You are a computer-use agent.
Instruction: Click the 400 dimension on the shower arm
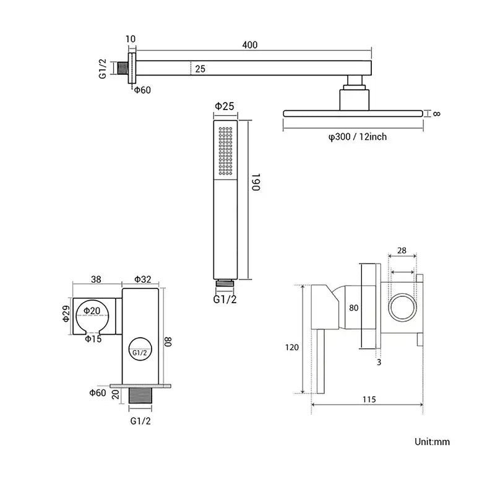click(250, 45)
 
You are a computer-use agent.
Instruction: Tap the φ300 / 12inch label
click(358, 137)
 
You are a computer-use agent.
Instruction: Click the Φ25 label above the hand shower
click(224, 106)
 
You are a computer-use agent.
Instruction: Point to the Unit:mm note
click(432, 442)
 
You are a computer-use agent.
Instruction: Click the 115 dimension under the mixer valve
click(369, 400)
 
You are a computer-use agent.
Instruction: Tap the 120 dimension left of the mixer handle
click(291, 347)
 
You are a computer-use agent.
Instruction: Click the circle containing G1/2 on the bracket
click(140, 352)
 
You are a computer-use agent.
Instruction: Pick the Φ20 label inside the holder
click(92, 311)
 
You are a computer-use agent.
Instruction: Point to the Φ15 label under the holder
click(93, 338)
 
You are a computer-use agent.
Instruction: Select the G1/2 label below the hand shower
click(225, 299)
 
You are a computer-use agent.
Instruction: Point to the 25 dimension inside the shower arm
click(200, 69)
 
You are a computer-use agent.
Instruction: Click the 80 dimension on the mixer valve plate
click(354, 306)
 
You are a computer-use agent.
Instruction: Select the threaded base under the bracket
click(140, 398)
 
